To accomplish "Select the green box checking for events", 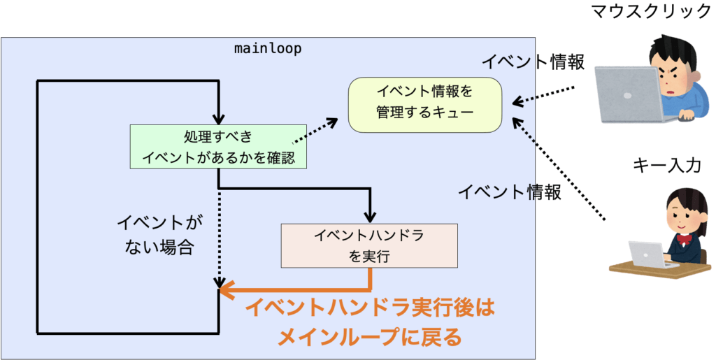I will [218, 147].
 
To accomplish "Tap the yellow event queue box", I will [425, 103].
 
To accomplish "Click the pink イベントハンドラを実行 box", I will [369, 245].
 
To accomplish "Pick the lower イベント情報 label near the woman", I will [510, 192].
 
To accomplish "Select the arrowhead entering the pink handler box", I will [370, 215].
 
